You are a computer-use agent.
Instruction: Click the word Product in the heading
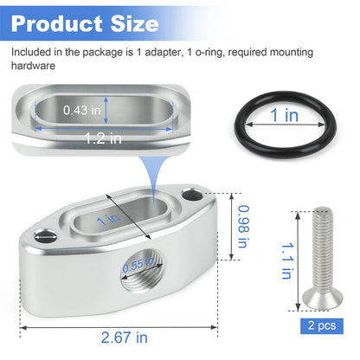click(x=56, y=24)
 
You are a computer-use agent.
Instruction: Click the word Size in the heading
click(x=135, y=24)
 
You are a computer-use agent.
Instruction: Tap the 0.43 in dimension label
click(x=82, y=110)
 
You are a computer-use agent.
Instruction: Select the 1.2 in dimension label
click(x=103, y=138)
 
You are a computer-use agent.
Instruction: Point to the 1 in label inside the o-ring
click(x=284, y=115)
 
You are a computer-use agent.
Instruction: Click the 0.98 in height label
click(x=243, y=227)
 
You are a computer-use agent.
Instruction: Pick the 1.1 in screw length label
click(x=287, y=260)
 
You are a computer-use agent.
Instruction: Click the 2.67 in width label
click(x=125, y=337)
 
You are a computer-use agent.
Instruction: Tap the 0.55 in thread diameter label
click(x=138, y=265)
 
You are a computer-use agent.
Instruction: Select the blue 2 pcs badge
click(x=322, y=326)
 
